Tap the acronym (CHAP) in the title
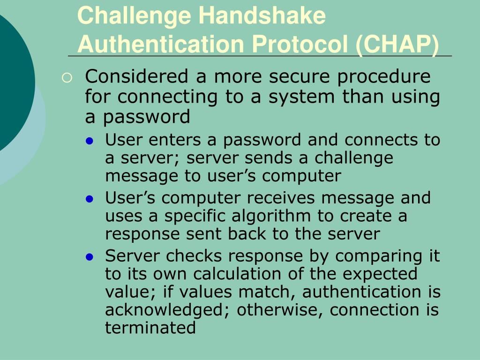(398, 44)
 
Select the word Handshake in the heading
(262, 15)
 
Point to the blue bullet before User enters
(91, 141)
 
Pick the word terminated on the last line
(150, 327)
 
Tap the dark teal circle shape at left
(12, 84)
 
